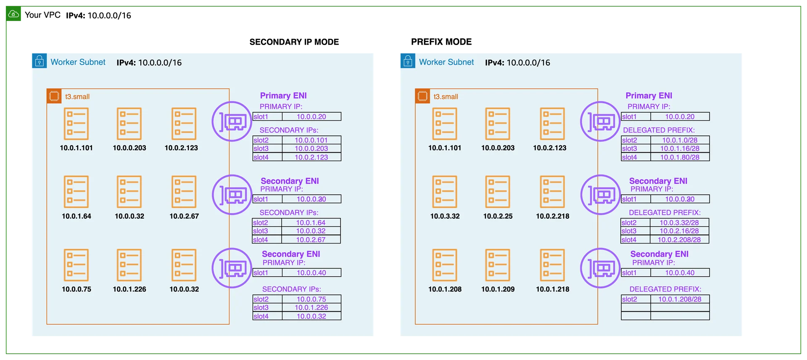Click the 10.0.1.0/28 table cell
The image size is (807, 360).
click(680, 140)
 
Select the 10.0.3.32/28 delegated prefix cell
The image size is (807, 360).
click(679, 222)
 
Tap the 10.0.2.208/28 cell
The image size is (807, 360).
click(679, 240)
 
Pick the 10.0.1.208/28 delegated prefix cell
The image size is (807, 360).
click(680, 299)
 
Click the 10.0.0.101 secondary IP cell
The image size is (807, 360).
click(311, 140)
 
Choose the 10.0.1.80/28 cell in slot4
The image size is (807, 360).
click(680, 157)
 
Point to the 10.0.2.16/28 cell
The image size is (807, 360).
click(679, 231)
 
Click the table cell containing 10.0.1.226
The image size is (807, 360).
click(311, 307)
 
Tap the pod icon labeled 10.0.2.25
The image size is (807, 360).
click(498, 192)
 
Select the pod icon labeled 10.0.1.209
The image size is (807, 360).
click(498, 265)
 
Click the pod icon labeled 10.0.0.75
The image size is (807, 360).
click(76, 265)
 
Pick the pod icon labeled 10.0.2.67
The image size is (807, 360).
click(184, 192)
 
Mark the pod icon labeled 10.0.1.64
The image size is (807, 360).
click(76, 192)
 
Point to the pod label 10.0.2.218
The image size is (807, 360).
click(552, 216)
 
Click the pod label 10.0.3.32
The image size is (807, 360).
click(445, 216)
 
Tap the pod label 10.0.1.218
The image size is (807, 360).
click(552, 289)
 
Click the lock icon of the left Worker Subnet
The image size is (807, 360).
click(39, 61)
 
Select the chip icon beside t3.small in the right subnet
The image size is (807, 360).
click(422, 96)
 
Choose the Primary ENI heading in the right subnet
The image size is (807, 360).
click(649, 96)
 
